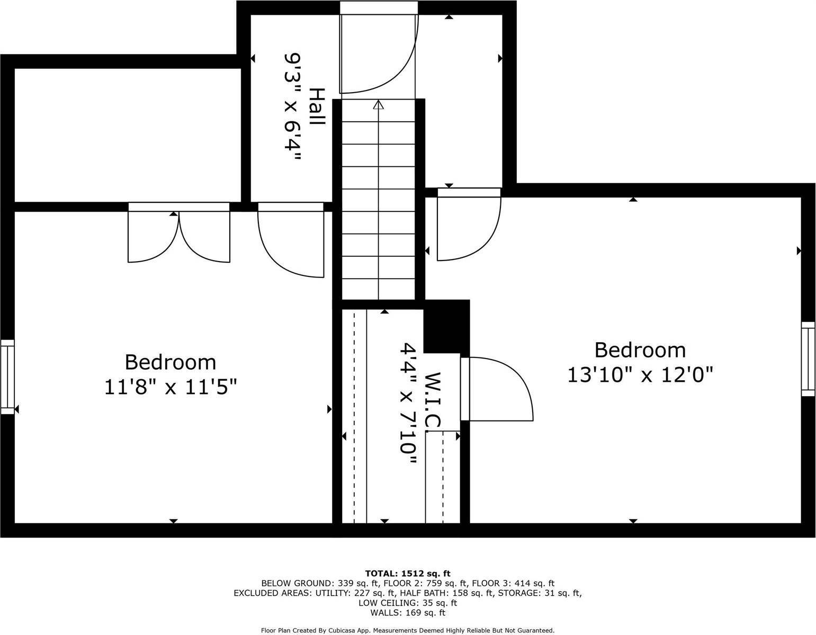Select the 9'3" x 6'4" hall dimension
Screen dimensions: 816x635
pos(292,106)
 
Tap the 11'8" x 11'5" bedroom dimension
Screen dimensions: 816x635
pos(171,387)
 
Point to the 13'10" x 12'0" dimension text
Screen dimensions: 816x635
pos(640,375)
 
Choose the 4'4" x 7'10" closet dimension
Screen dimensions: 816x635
pos(408,403)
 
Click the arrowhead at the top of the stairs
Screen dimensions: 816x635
pos(378,104)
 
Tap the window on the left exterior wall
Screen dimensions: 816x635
pos(7,377)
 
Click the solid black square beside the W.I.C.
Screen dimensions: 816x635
pos(446,326)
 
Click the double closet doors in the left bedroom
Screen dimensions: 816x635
pos(179,233)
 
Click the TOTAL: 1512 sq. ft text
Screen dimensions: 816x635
pos(408,574)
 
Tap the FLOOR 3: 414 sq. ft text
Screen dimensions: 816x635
pos(513,583)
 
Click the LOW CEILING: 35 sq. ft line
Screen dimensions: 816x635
pos(408,603)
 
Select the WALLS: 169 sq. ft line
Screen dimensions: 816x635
pos(408,613)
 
